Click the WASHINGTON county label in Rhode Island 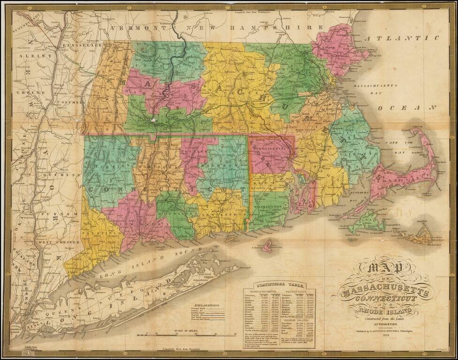tap(269, 207)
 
